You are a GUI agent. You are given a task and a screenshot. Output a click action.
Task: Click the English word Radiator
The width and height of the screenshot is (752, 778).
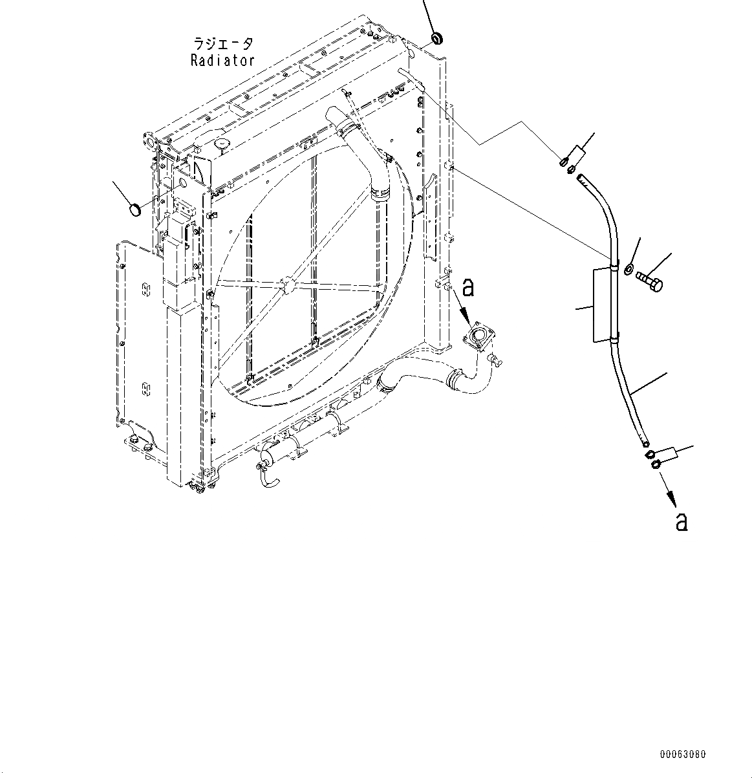click(x=222, y=60)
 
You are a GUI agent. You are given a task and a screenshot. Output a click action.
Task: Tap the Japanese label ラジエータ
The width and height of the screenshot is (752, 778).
click(x=223, y=44)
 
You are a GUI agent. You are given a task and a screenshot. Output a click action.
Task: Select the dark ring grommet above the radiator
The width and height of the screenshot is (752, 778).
click(x=436, y=39)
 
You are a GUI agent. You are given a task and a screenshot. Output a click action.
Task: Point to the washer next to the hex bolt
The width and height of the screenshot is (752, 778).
click(x=627, y=268)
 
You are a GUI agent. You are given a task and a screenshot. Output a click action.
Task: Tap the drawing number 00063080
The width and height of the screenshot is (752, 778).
click(x=683, y=754)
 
